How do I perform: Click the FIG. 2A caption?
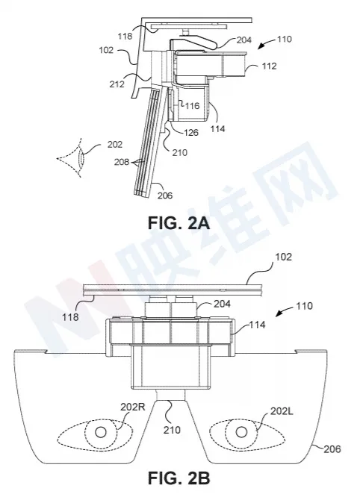pos(179,223)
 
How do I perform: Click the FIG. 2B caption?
pos(179,478)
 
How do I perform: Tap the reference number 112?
pos(269,66)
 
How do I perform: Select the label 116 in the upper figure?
pos(193,105)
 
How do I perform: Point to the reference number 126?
pos(191,132)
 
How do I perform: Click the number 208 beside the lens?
pos(122,162)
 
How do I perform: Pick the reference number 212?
pos(117,84)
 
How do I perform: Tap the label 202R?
pos(133,407)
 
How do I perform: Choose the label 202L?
pos(282,411)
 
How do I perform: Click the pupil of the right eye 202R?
pos(101,432)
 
